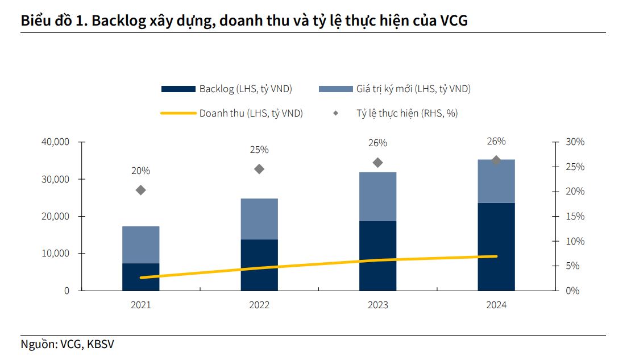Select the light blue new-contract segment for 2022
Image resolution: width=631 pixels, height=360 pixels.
259,219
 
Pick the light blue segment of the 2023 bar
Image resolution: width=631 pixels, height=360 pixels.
378,196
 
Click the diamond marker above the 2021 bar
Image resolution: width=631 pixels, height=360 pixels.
141,190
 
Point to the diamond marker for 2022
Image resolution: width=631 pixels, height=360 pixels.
259,169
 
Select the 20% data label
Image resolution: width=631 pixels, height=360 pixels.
141,171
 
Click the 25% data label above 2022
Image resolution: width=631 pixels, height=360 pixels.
259,150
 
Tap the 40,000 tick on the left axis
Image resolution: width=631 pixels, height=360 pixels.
55,142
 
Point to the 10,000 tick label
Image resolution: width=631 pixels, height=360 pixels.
55,254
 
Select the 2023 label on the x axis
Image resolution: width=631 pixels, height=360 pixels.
378,305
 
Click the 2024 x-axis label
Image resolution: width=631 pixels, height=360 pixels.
496,305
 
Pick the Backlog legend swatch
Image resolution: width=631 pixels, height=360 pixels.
178,89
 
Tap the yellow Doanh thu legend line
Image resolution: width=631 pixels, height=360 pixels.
178,113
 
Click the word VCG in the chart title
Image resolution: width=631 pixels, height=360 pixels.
454,21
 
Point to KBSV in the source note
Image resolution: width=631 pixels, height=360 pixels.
104,345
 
